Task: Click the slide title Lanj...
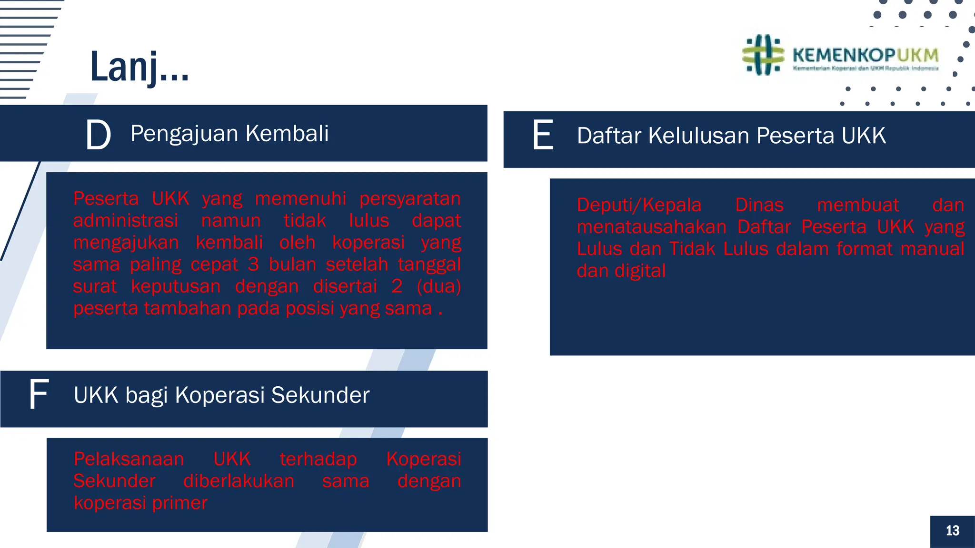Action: click(x=139, y=67)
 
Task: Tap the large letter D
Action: click(x=98, y=135)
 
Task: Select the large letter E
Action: click(x=543, y=136)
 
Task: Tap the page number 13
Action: click(x=952, y=530)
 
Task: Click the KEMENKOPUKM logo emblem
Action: click(x=763, y=55)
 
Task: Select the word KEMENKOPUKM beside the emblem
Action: click(x=865, y=55)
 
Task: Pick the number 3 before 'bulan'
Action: click(x=253, y=264)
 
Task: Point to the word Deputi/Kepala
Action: click(x=639, y=205)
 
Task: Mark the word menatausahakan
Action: click(x=651, y=227)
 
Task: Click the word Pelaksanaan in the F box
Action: click(x=129, y=459)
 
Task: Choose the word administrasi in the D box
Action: click(x=126, y=220)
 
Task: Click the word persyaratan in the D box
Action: click(x=410, y=198)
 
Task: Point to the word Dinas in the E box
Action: click(x=759, y=205)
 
